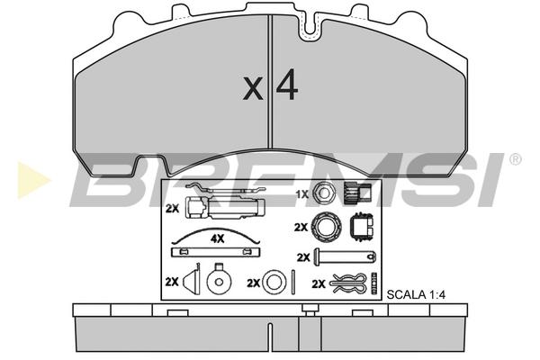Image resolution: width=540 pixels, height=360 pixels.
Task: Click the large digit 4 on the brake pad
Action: coord(287,85)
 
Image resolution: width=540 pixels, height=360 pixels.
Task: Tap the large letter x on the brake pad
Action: coord(253,89)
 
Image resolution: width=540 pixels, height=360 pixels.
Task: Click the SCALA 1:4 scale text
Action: coord(416,295)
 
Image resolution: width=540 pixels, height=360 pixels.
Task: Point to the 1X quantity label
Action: coord(302,194)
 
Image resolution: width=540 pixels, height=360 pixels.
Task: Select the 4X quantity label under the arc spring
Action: coord(217,238)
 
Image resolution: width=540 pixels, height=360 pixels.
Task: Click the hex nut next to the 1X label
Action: coord(324,193)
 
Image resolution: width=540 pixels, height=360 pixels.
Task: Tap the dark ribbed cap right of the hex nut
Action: coord(357,193)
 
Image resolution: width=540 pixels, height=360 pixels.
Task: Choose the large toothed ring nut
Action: coord(326,227)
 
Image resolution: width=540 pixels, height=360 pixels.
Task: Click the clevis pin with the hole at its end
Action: coord(345,257)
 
